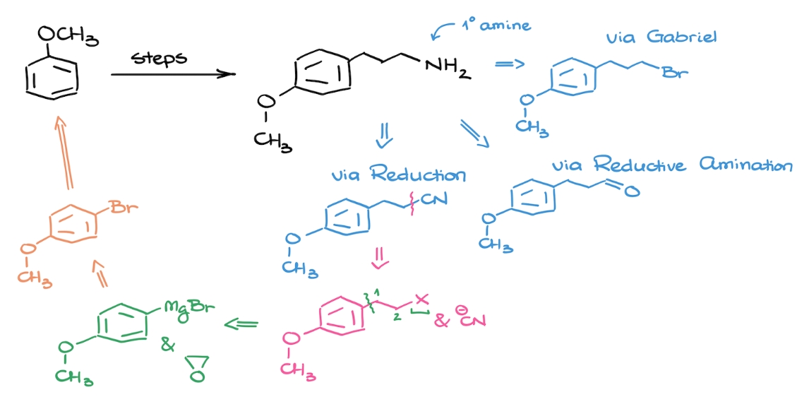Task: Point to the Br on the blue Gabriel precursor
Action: (x=671, y=71)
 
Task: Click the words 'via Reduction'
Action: (x=399, y=174)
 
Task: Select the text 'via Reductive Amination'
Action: (x=671, y=166)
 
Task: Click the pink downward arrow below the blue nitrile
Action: (x=380, y=261)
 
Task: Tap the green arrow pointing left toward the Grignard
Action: (x=241, y=324)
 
